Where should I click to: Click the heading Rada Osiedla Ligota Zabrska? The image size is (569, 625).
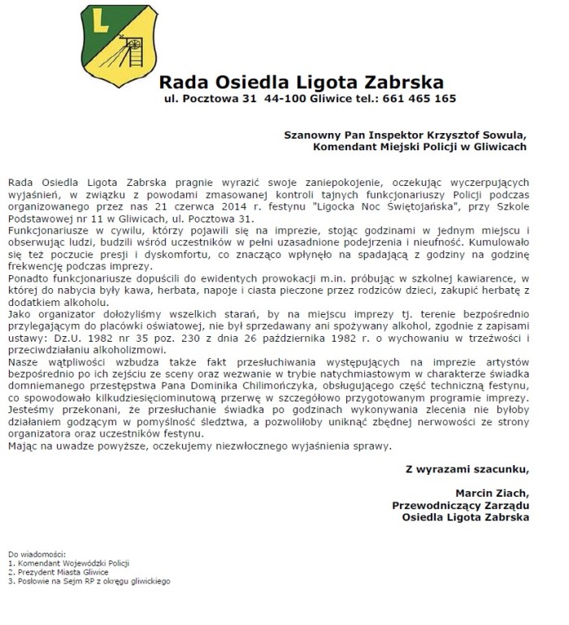pos(301,82)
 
